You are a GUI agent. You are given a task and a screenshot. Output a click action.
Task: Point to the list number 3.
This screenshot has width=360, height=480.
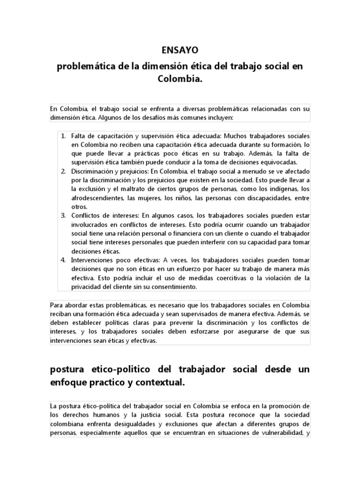[x=63, y=216]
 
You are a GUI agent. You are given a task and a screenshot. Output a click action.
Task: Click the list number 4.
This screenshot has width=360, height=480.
[x=63, y=260]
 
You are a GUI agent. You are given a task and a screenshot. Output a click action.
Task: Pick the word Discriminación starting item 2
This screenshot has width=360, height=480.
[x=92, y=171]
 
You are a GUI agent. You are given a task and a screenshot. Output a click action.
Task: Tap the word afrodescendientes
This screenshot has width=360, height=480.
[x=97, y=198]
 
